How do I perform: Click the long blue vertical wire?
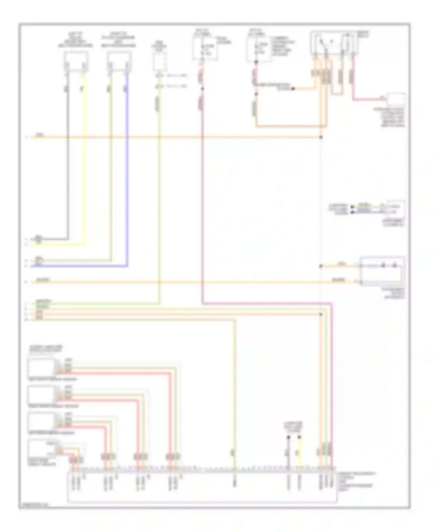tap(127, 175)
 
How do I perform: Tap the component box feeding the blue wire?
tap(119, 61)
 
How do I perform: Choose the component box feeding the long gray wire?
tap(76, 61)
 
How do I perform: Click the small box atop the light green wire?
tap(160, 61)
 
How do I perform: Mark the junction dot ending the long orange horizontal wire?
tap(321, 137)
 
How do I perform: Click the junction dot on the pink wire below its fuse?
tap(202, 88)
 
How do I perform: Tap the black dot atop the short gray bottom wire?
tap(288, 437)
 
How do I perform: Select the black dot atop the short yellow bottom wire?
tap(299, 437)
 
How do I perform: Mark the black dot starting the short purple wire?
tap(352, 212)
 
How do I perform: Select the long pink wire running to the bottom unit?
tap(202, 204)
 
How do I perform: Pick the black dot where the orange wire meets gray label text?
tap(293, 88)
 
